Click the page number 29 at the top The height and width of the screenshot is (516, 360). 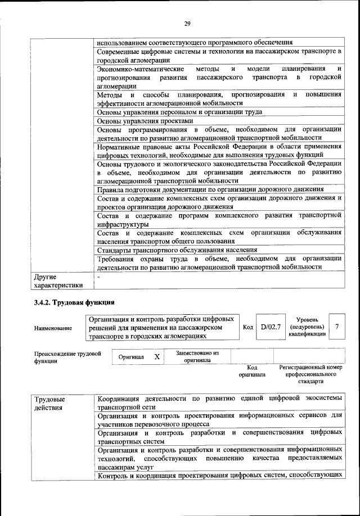(187, 22)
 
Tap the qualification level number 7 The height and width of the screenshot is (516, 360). (336, 327)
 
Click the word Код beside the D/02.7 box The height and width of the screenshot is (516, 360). (247, 327)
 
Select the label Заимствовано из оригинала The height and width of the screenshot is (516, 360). (197, 357)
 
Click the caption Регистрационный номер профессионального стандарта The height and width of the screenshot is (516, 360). (310, 373)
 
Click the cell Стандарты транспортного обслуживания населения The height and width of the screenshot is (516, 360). (177, 250)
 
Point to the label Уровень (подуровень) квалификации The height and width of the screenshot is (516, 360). (307, 327)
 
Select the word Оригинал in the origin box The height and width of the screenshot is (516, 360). (131, 357)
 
